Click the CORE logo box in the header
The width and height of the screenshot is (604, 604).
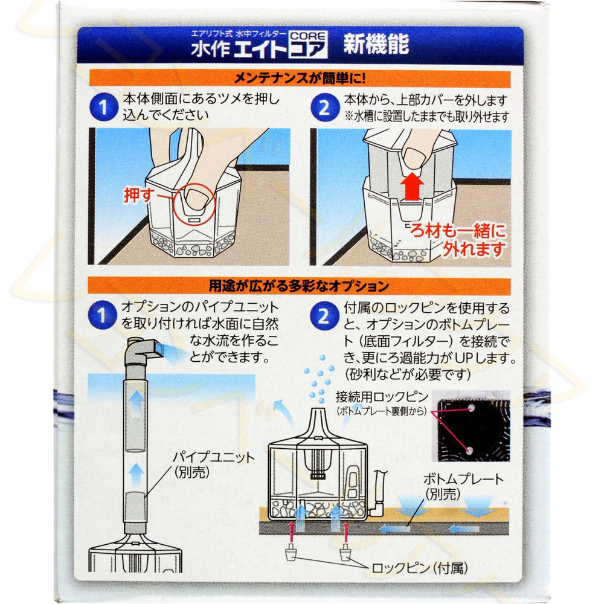pyautogui.click(x=308, y=44)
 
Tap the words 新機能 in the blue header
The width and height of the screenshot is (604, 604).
pyautogui.click(x=376, y=44)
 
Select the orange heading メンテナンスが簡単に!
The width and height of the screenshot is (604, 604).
pyautogui.click(x=300, y=79)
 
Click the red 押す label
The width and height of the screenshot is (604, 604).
pyautogui.click(x=139, y=195)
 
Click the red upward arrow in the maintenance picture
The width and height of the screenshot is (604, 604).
pyautogui.click(x=412, y=186)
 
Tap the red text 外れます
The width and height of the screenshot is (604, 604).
pyautogui.click(x=474, y=249)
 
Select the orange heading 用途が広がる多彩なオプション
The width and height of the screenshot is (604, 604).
pyautogui.click(x=299, y=286)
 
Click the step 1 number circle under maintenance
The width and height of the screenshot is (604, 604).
pyautogui.click(x=103, y=107)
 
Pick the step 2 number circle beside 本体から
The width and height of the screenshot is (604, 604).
pyautogui.click(x=324, y=108)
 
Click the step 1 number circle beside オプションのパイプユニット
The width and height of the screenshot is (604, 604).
pyautogui.click(x=102, y=315)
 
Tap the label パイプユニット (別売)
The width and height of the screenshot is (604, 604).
pyautogui.click(x=213, y=464)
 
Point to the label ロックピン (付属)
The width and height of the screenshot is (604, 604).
pyautogui.click(x=420, y=567)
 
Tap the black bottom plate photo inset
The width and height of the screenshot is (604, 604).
pyautogui.click(x=474, y=426)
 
